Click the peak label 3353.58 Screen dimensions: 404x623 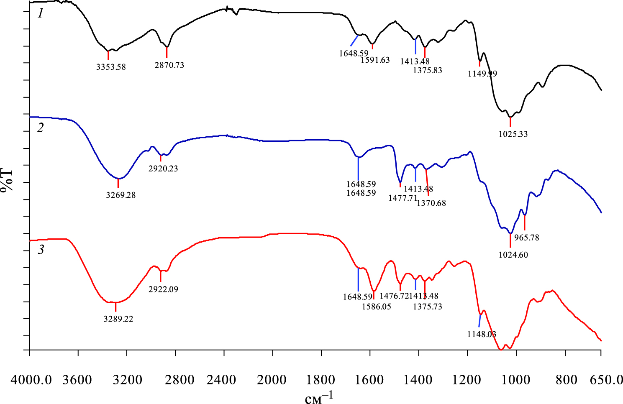click(x=111, y=67)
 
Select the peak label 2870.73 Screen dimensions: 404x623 click(x=169, y=65)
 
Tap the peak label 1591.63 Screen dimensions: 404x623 click(x=375, y=60)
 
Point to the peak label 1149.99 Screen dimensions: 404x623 click(x=482, y=74)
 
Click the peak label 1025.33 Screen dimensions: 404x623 click(x=513, y=135)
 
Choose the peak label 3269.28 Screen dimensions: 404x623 click(x=121, y=195)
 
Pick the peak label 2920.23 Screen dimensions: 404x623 click(x=163, y=169)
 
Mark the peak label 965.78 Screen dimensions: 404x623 click(x=526, y=238)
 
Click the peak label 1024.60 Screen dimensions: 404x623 click(x=513, y=255)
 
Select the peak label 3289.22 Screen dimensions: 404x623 click(x=118, y=319)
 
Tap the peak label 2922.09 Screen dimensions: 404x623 click(x=163, y=289)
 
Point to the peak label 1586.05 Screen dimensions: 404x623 click(x=377, y=307)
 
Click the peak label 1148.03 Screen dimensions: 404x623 click(x=482, y=335)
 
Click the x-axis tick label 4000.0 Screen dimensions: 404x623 click(x=32, y=380)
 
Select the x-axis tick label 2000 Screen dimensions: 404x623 click(x=272, y=380)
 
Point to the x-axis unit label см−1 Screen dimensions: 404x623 click(x=319, y=398)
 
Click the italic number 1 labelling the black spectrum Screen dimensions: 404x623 click(x=40, y=14)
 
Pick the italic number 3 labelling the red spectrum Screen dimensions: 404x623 click(x=41, y=251)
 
